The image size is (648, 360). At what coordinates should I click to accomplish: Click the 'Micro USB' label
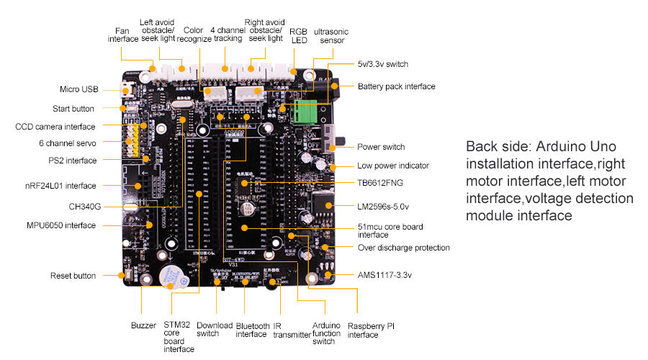(x=79, y=90)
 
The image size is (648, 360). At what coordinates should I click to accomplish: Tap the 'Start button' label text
(x=73, y=109)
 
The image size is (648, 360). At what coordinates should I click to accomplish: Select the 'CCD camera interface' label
(x=55, y=127)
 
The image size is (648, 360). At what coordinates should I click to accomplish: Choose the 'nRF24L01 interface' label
(x=60, y=186)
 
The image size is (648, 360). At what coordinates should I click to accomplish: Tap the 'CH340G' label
(x=85, y=207)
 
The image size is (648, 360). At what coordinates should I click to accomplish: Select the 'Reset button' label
(x=73, y=276)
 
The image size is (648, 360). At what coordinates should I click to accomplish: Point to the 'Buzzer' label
(x=143, y=325)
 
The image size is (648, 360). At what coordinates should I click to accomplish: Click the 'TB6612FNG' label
(x=380, y=183)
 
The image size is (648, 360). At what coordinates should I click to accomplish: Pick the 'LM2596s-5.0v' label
(x=383, y=207)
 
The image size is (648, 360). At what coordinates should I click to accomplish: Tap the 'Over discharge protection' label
(x=404, y=248)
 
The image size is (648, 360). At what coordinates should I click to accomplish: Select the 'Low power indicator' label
(x=393, y=166)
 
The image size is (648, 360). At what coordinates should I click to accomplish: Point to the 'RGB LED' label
(x=298, y=36)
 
